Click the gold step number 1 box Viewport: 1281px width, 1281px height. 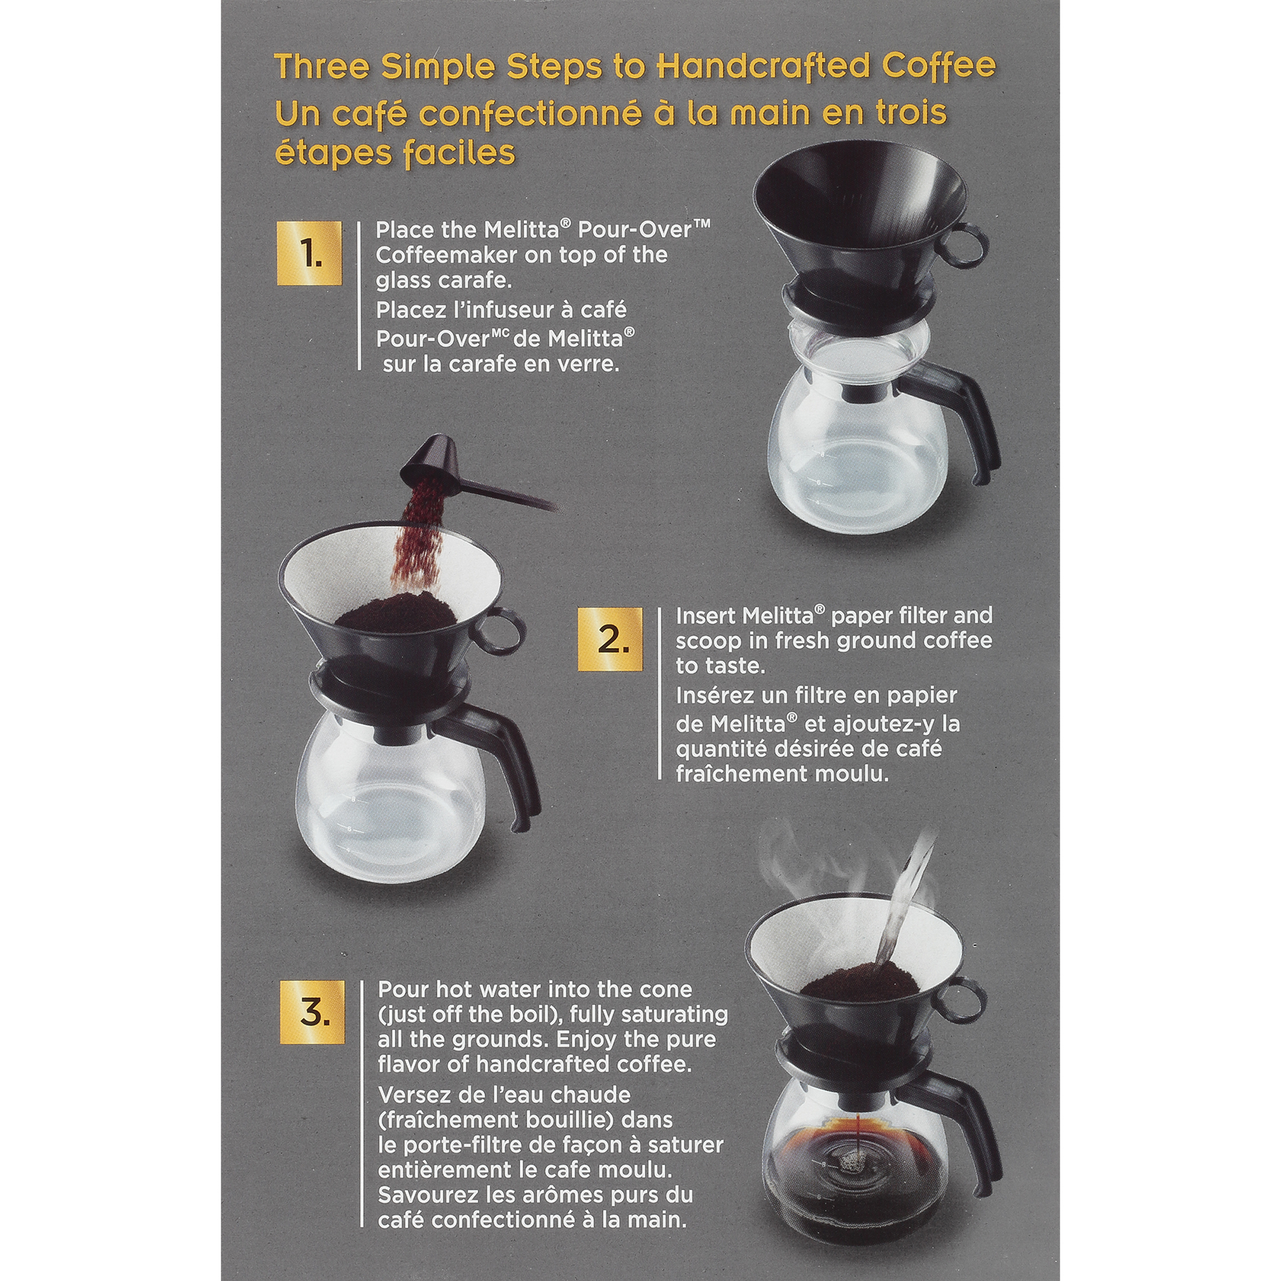pyautogui.click(x=309, y=253)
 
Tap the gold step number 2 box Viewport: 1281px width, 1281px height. pyautogui.click(x=610, y=639)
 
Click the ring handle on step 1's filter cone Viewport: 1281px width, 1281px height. pyautogui.click(x=970, y=246)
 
